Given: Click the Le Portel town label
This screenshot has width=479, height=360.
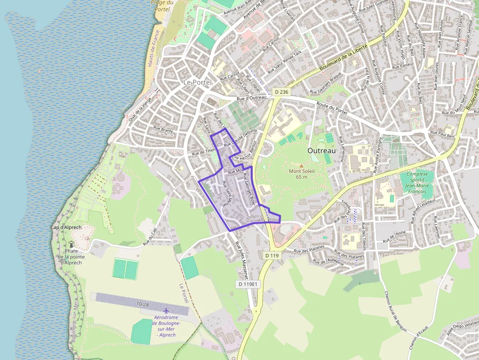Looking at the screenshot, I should point(197,82).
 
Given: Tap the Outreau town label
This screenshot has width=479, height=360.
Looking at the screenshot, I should point(321,151).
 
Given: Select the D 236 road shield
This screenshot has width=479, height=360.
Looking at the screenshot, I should point(281,91).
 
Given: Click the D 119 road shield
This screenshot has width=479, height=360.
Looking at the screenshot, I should point(272,255).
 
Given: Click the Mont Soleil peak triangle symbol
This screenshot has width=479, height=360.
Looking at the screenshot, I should point(301,166).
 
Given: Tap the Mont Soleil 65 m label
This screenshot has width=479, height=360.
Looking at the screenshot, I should point(302,174).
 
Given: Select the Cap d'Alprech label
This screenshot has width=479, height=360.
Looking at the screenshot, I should point(66,228).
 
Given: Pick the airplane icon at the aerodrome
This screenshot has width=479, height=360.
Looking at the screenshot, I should point(166,311).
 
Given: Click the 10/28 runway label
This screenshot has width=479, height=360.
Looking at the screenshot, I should point(143,304).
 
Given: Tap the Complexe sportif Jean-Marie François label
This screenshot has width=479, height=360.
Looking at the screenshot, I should point(417,183).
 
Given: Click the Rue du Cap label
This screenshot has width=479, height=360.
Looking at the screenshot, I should point(150,236).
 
